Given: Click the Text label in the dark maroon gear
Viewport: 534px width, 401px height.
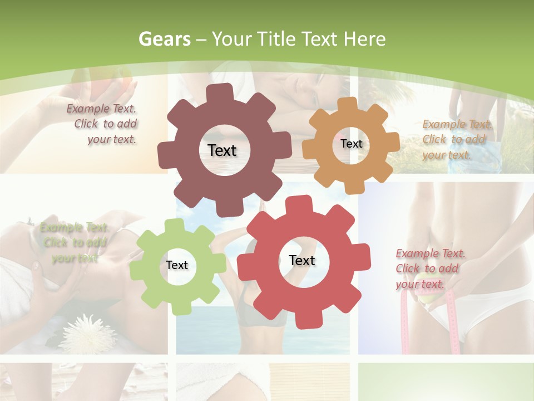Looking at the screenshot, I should pos(222,150).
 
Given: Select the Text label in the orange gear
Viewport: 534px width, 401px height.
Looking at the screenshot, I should pos(351,144).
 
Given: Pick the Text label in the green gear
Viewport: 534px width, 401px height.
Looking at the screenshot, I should pos(177,265).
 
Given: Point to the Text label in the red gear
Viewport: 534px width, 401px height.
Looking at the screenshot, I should pos(302,260).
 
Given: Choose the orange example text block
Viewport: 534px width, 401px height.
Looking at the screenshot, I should pos(456,139).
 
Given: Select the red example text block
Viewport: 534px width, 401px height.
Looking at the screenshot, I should pos(429,268).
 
